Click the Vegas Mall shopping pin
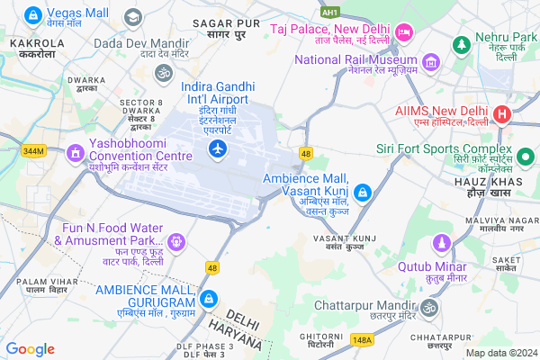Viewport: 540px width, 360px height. coord(33,15)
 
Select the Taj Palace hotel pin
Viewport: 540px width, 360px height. coord(404,32)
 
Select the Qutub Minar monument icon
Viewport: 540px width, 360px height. coord(441,243)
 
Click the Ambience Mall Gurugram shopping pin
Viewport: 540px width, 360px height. coord(208,298)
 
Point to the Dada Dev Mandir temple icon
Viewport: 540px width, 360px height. coord(163,71)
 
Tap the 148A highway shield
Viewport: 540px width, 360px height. coord(363,339)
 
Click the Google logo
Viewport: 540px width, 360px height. coord(30,348)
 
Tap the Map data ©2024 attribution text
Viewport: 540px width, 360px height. coord(500,352)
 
